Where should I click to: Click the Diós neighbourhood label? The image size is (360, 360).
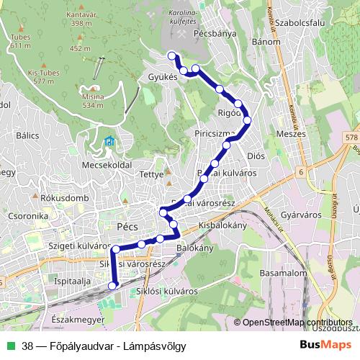(x=256, y=155)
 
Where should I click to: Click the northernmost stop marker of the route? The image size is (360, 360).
(x=171, y=55)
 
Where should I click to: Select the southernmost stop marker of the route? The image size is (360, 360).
(x=112, y=286)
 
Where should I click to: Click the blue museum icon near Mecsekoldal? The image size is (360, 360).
(x=108, y=140)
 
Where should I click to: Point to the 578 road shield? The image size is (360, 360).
(x=351, y=137)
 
